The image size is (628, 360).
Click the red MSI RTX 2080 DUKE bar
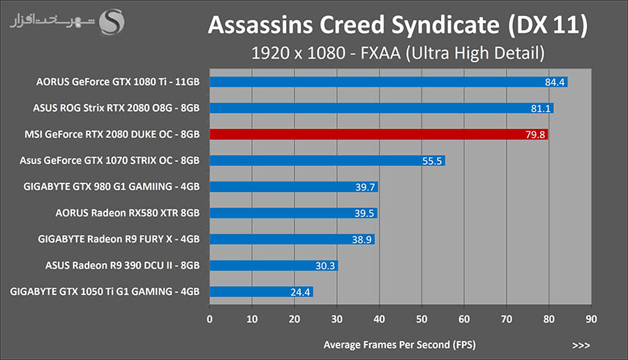tap(377, 134)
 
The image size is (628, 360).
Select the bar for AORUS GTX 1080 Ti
tap(387, 82)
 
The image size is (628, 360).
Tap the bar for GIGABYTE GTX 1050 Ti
tap(261, 292)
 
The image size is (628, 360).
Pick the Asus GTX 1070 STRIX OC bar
tap(327, 160)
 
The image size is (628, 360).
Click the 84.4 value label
tap(555, 82)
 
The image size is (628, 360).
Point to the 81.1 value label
tap(541, 108)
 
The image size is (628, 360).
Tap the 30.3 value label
tap(325, 266)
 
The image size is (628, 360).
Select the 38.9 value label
tap(362, 239)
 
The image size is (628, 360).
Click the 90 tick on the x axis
tap(591, 318)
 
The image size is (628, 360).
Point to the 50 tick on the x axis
tap(421, 318)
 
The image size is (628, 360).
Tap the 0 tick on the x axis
tap(210, 318)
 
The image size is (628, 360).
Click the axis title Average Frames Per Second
tap(401, 345)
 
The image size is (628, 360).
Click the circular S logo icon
tap(112, 22)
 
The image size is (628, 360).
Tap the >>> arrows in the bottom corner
tap(581, 345)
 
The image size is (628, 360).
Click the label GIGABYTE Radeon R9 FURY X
tap(119, 239)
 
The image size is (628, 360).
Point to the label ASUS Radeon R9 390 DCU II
tap(123, 265)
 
